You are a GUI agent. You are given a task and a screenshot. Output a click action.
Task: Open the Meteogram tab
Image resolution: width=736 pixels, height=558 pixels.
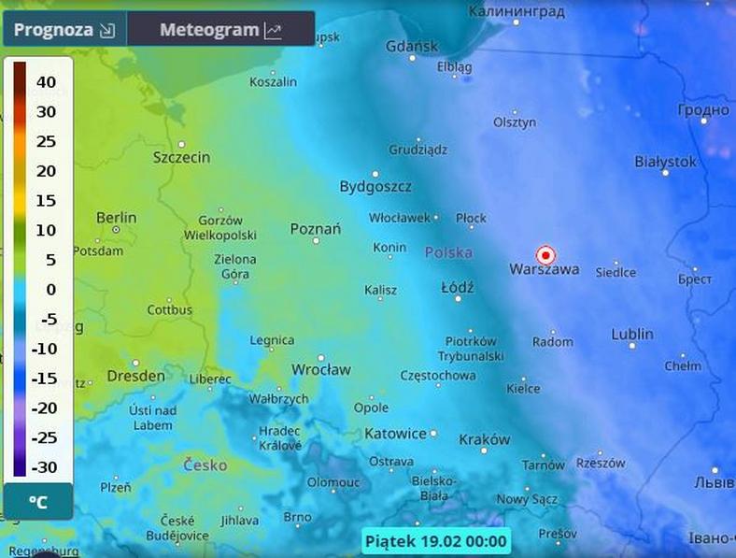tap(219, 30)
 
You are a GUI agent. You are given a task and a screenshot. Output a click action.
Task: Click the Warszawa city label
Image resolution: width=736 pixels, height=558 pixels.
tap(544, 269)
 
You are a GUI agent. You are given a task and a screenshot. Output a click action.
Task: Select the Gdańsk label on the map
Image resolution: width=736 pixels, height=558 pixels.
tap(411, 46)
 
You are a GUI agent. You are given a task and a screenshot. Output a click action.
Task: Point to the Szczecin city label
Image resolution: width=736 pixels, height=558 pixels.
tap(181, 157)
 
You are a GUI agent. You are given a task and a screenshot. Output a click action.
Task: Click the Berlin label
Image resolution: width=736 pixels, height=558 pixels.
tap(116, 218)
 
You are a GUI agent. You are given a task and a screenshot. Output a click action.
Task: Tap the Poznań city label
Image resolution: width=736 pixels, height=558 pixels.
tap(316, 228)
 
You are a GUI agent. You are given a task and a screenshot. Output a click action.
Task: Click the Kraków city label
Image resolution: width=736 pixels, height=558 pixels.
tap(485, 439)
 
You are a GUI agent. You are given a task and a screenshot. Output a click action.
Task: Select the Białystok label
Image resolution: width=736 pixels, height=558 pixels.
tap(665, 162)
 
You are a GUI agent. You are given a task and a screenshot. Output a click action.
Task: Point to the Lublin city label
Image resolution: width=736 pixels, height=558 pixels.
tap(632, 334)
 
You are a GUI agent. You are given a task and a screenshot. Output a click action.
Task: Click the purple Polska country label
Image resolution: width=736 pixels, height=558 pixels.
tap(448, 252)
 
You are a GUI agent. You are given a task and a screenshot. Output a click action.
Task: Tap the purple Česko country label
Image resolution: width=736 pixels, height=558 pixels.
tap(205, 464)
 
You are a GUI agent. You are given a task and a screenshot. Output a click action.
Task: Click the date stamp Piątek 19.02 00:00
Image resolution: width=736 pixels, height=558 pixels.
tap(435, 540)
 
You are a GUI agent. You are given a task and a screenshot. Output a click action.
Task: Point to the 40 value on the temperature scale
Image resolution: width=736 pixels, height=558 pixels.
tap(46, 82)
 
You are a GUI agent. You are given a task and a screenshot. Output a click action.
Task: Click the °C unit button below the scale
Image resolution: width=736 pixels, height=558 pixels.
tap(38, 503)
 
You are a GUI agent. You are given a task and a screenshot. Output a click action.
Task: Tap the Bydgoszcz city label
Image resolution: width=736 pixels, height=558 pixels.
tap(375, 186)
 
